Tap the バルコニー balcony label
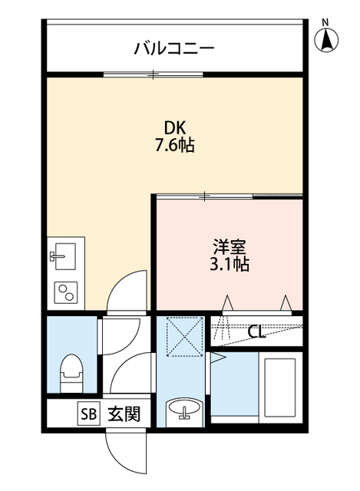(174, 49)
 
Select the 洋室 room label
(230, 248)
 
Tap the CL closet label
(257, 332)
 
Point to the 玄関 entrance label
(123, 414)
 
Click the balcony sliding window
(154, 74)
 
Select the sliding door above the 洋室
(206, 196)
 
